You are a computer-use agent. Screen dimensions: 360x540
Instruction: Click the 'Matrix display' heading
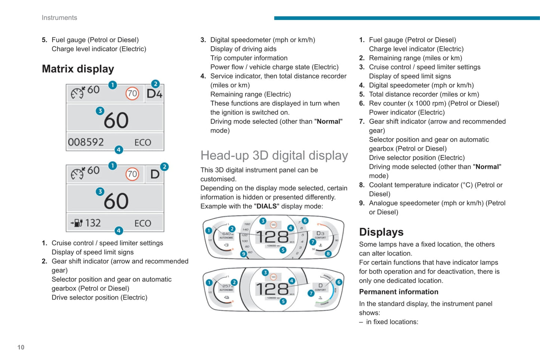point(78,69)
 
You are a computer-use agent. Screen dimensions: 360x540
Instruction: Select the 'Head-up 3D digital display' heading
point(274,155)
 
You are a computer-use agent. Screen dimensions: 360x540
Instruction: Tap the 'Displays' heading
point(381,232)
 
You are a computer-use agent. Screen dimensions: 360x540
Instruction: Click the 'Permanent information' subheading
point(398,292)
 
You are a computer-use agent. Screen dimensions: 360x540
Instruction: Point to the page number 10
point(21,347)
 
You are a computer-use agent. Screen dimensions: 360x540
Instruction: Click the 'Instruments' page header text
point(59,18)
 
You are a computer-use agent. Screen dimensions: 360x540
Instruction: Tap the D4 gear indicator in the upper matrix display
point(154,93)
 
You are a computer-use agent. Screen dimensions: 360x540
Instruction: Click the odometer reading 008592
point(86,142)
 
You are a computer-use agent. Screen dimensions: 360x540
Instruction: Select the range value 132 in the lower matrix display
point(93,223)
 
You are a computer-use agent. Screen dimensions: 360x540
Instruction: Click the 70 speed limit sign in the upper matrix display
point(132,93)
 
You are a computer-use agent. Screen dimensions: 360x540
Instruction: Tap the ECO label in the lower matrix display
point(143,223)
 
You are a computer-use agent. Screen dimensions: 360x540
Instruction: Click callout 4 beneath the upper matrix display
point(119,150)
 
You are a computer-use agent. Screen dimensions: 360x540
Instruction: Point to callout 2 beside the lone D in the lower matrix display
point(164,167)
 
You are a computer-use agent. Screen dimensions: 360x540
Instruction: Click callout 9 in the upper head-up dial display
point(244,254)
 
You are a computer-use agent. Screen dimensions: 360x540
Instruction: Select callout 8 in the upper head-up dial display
point(328,254)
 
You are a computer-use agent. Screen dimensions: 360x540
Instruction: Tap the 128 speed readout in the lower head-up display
point(272,289)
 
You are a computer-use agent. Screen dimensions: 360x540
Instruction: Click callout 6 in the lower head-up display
point(339,282)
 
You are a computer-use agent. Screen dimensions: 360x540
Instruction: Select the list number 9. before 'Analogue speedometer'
point(362,203)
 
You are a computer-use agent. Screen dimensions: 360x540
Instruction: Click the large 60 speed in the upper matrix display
point(116,120)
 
